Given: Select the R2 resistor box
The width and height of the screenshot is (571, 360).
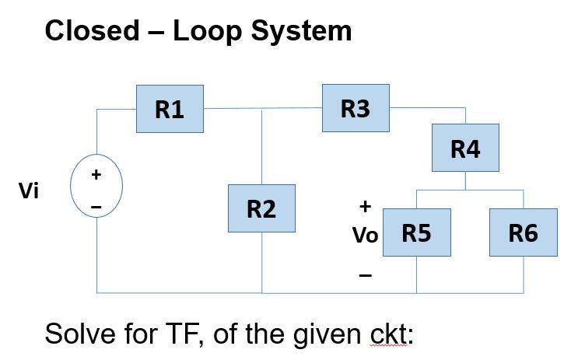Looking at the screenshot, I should [261, 208].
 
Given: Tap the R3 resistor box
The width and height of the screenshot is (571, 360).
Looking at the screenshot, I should [356, 109].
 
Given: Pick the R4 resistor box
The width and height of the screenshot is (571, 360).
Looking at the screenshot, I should [465, 148].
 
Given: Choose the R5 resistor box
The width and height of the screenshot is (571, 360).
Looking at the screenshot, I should [416, 232].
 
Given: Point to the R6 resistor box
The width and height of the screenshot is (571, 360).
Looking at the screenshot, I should [523, 232].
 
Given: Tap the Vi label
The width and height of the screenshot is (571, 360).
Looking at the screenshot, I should [29, 191].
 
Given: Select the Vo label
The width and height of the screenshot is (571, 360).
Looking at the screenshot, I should [365, 235].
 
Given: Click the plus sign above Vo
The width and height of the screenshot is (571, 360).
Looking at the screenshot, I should [364, 207].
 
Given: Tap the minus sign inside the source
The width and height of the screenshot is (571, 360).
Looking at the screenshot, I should [96, 206].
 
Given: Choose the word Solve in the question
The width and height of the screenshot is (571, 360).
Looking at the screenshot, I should [75, 334].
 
